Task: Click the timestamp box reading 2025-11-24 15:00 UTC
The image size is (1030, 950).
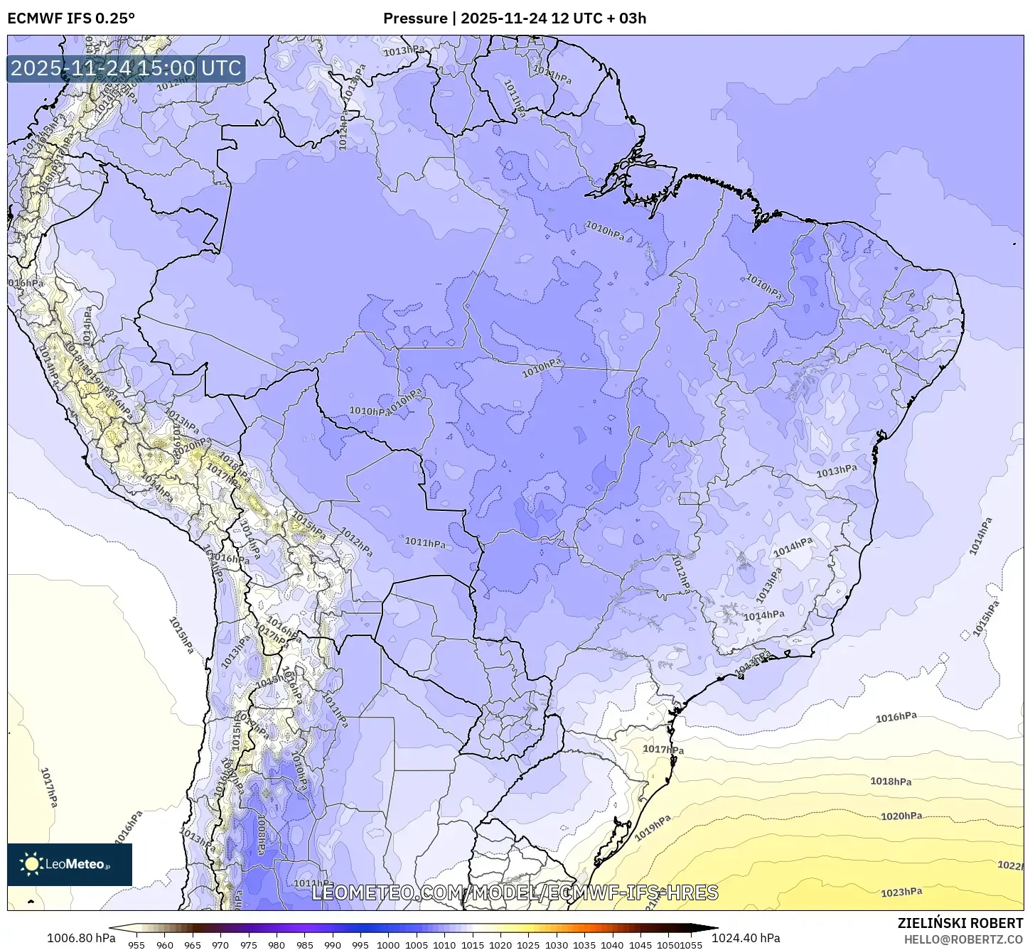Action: (x=126, y=68)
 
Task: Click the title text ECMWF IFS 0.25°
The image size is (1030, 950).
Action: (x=71, y=18)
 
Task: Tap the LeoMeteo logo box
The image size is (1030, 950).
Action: (x=70, y=864)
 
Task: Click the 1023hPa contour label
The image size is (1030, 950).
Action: (x=901, y=892)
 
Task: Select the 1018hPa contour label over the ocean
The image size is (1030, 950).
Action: (x=891, y=782)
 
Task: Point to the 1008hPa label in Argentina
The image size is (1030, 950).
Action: (x=262, y=835)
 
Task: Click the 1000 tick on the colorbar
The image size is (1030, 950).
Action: (x=388, y=944)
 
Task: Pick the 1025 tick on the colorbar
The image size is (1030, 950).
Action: (x=528, y=944)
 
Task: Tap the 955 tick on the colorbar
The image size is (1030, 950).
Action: (x=136, y=944)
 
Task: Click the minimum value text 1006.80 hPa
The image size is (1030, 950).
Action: (x=81, y=938)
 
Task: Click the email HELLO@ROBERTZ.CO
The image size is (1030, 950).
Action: (x=963, y=939)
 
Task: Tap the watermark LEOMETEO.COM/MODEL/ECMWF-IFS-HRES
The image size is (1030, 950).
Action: (x=515, y=892)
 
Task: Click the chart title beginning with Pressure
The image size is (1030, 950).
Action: (x=515, y=18)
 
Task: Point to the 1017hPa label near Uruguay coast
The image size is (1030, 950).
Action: (x=663, y=749)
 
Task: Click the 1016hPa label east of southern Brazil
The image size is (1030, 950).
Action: (x=896, y=718)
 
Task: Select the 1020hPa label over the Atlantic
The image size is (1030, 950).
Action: (x=901, y=816)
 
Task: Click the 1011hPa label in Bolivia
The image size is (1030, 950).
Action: (x=425, y=543)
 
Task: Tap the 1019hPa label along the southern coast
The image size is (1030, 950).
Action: (x=653, y=828)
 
